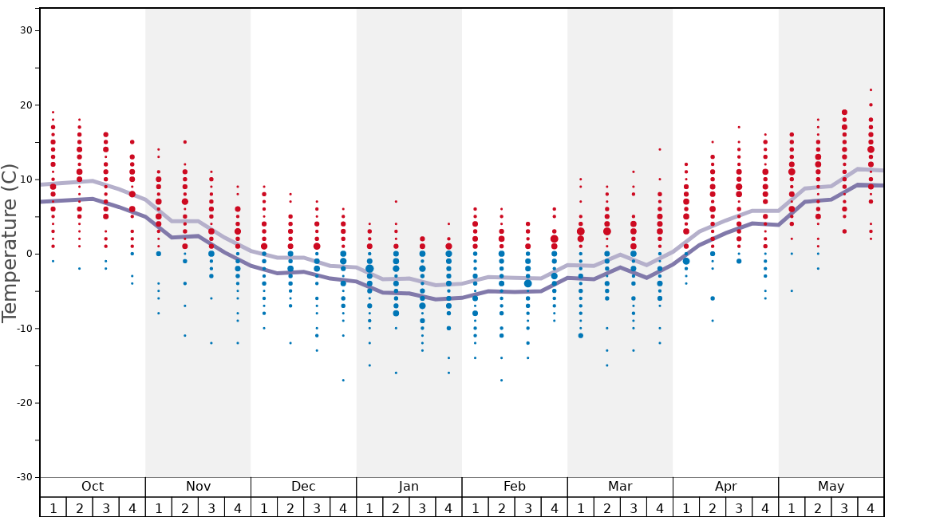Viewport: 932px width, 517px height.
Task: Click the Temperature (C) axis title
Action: [x=10, y=243]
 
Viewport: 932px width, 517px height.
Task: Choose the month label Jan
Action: [x=409, y=487]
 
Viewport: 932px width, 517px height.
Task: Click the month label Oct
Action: [x=93, y=487]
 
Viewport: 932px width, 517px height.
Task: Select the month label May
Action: [x=831, y=487]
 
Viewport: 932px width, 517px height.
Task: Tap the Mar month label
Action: [x=620, y=487]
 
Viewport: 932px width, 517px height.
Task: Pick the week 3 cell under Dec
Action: [x=317, y=507]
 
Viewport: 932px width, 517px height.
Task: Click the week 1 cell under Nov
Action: [x=159, y=507]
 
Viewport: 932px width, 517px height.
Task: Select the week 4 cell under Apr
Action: [x=765, y=507]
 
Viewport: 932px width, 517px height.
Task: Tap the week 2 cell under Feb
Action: [x=501, y=507]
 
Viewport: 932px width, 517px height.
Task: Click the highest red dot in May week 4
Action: [x=871, y=90]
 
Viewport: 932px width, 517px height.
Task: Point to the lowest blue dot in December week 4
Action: [x=343, y=381]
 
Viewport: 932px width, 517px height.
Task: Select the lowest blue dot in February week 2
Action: [x=501, y=381]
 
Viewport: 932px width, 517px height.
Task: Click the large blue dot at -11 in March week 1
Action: [x=580, y=336]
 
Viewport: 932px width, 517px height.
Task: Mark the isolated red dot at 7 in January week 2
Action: [x=396, y=202]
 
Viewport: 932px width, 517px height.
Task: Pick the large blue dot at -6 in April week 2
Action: [x=713, y=298]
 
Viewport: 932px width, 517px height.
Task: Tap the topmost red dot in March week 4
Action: [x=659, y=149]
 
